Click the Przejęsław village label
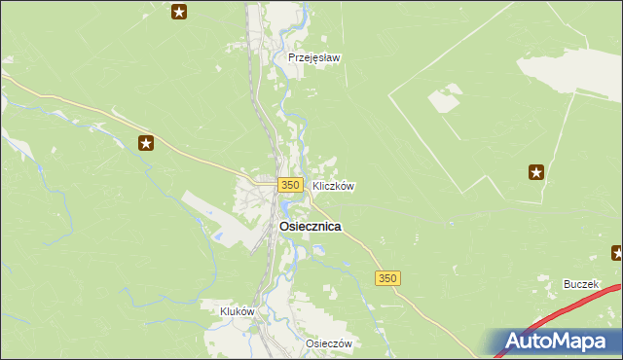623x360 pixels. tap(314, 57)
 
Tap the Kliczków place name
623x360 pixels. tap(333, 185)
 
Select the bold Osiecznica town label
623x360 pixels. tap(310, 226)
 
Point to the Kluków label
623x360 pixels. tap(238, 311)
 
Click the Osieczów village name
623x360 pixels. tap(328, 344)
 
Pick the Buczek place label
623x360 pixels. tap(581, 284)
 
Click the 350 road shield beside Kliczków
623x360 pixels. tap(288, 185)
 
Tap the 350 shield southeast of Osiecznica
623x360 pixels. tap(387, 278)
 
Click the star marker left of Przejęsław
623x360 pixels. tap(179, 12)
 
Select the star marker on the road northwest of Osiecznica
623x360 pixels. tap(146, 144)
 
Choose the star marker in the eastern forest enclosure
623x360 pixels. tap(536, 173)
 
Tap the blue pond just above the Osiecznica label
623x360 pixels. tap(285, 208)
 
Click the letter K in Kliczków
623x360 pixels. tap(315, 185)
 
